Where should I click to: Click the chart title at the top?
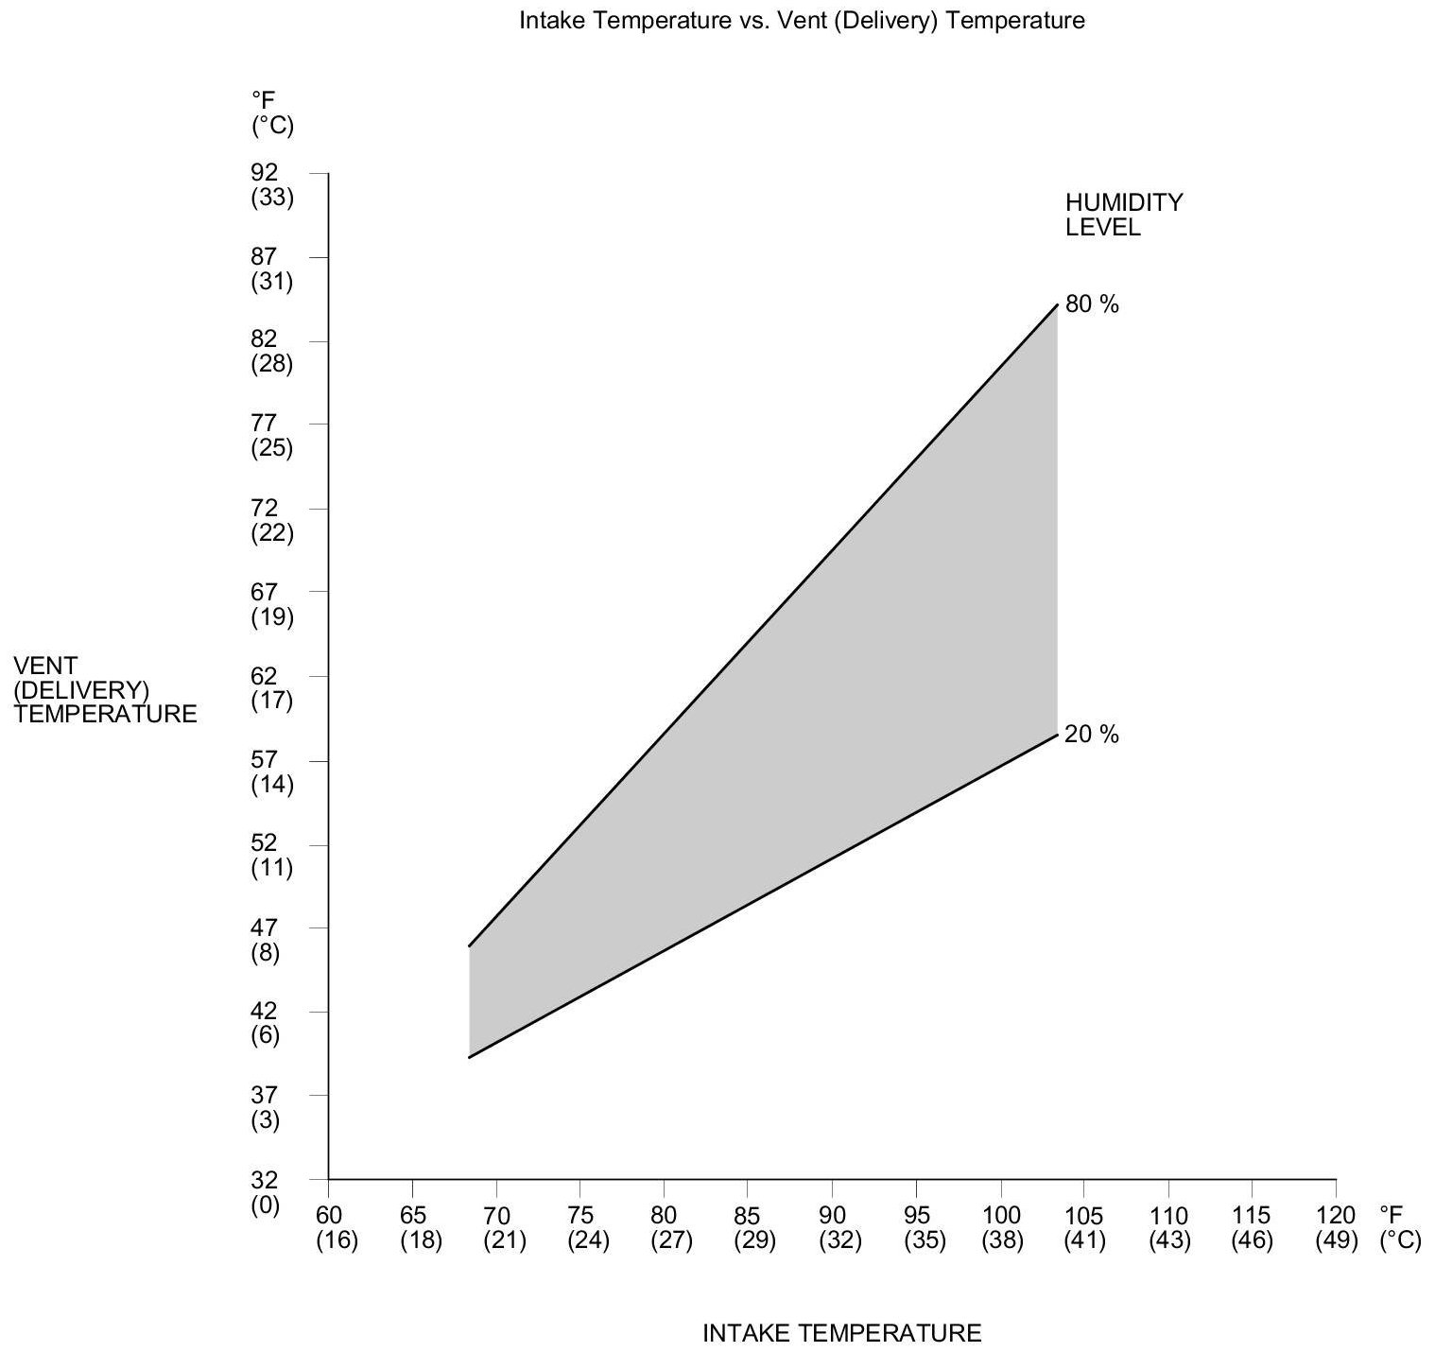[802, 21]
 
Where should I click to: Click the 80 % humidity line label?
[1092, 304]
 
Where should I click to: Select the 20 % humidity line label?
[1092, 735]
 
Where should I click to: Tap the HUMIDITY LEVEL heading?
[1123, 215]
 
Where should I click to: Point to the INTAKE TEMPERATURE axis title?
[842, 1333]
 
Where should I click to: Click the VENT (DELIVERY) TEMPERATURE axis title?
[106, 689]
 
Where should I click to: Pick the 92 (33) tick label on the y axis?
[271, 185]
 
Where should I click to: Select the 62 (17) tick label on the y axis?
[271, 688]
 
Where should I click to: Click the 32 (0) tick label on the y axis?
[266, 1192]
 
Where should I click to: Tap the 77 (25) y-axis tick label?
[271, 436]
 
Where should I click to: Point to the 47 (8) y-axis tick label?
[266, 940]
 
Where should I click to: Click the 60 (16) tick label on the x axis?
[337, 1228]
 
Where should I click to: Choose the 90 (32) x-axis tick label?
[840, 1228]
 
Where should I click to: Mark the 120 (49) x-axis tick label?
[1336, 1228]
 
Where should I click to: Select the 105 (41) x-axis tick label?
[1084, 1228]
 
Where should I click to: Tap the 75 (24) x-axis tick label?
[588, 1228]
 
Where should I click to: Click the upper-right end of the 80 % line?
[1056, 305]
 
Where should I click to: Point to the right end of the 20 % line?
[1056, 735]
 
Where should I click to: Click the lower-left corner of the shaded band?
[470, 1056]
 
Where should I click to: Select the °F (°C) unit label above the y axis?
[271, 113]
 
